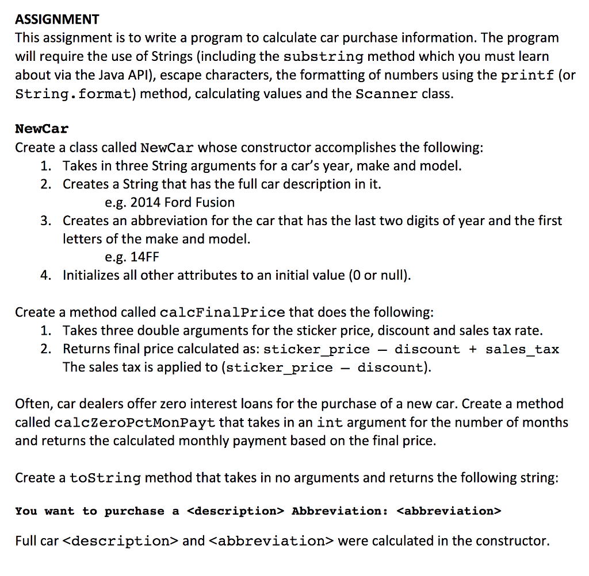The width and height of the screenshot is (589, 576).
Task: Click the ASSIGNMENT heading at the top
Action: click(57, 20)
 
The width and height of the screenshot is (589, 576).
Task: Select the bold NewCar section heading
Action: click(41, 128)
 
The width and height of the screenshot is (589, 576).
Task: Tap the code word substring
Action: click(324, 57)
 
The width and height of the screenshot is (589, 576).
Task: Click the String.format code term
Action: click(74, 94)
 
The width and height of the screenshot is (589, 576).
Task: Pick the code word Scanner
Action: click(387, 94)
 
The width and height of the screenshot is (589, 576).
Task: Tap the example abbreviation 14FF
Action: click(144, 257)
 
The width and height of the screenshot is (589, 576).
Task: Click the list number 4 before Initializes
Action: click(45, 276)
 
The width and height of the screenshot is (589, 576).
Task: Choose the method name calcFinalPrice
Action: click(222, 313)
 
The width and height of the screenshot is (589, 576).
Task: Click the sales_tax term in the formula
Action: click(522, 349)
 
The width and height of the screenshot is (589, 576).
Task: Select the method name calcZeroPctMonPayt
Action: click(135, 423)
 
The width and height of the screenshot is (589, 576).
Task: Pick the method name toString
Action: click(105, 478)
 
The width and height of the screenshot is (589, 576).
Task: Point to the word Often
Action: click(30, 404)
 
